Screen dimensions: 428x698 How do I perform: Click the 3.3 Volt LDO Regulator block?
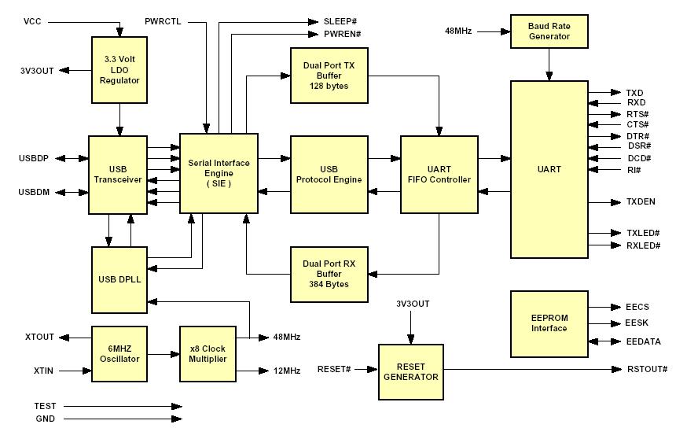click(119, 70)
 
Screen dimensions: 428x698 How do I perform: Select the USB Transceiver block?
click(119, 174)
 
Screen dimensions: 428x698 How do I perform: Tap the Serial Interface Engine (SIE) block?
click(219, 173)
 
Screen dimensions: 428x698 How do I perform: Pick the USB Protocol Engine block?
click(329, 174)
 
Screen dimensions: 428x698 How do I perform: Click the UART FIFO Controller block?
click(439, 174)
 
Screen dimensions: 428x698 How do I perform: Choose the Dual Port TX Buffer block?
click(329, 75)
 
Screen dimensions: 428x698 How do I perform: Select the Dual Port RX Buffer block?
click(329, 274)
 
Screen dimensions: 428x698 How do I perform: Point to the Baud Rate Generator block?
click(549, 31)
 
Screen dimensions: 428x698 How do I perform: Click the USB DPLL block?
click(119, 279)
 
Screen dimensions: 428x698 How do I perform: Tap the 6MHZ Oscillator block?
click(119, 353)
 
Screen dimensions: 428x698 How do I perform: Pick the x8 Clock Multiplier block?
click(208, 353)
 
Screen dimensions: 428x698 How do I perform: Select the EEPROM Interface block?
click(549, 323)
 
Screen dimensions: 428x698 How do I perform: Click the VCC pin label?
click(33, 20)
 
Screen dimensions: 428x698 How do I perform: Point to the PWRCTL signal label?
click(163, 20)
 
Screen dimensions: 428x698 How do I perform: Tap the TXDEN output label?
click(641, 201)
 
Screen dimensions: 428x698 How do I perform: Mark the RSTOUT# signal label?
click(647, 369)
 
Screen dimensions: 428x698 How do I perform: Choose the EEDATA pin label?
click(644, 341)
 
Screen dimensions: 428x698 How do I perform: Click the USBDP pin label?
click(34, 158)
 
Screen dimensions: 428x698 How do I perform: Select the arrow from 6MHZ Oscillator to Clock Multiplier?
click(163, 354)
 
